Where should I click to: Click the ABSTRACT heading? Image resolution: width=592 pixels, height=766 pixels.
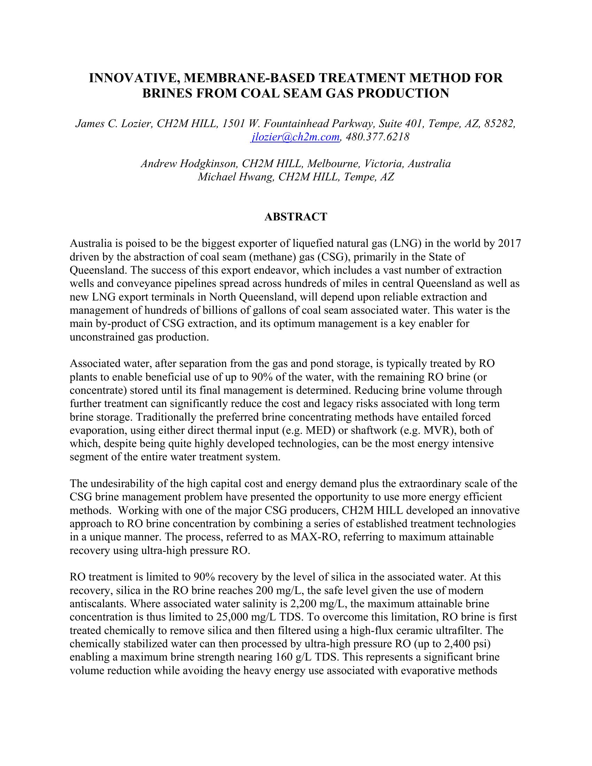click(296, 217)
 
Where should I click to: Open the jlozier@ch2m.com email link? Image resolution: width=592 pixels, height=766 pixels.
click(295, 137)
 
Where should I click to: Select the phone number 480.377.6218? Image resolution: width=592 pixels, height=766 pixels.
click(377, 137)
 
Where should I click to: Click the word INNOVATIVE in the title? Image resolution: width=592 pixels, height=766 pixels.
click(132, 78)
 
